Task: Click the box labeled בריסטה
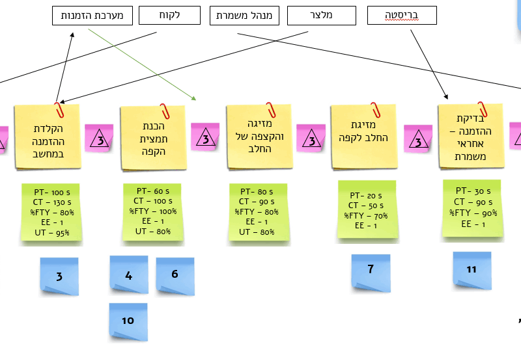tap(402, 16)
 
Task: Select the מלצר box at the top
tap(322, 16)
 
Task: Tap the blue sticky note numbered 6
tap(175, 274)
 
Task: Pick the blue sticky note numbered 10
tap(128, 319)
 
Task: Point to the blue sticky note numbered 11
tap(472, 269)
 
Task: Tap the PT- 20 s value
tap(366, 195)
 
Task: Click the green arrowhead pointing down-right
tap(193, 98)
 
